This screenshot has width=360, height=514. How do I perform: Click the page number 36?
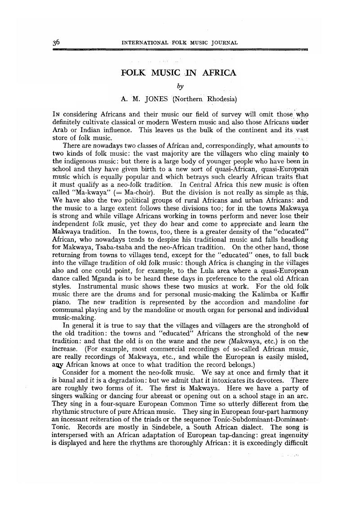pyautogui.click(x=56, y=42)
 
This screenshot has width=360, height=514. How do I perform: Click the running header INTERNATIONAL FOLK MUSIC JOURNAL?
pyautogui.click(x=180, y=43)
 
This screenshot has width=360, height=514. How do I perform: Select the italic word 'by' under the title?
pyautogui.click(x=179, y=85)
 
